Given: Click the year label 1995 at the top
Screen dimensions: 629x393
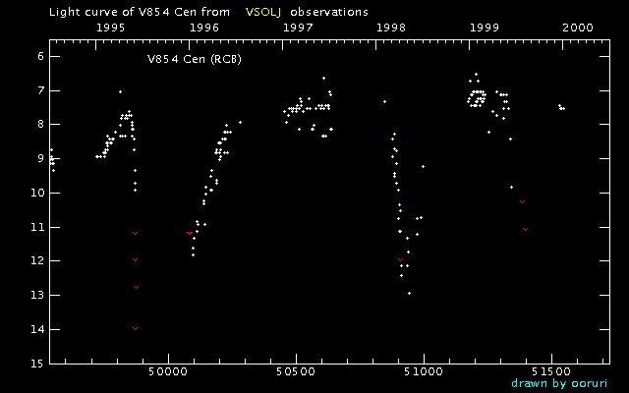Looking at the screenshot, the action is pyautogui.click(x=111, y=28).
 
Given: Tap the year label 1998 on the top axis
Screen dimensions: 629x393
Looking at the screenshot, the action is pyautogui.click(x=391, y=28).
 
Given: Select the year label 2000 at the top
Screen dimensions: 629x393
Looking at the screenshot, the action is pyautogui.click(x=578, y=28).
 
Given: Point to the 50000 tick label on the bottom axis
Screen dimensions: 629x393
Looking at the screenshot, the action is pyautogui.click(x=168, y=371).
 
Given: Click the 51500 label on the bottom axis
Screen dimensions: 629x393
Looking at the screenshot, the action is pyautogui.click(x=551, y=371).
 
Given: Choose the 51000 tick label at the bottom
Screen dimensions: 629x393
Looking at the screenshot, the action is pyautogui.click(x=424, y=371).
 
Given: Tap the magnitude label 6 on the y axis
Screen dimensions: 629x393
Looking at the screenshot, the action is pyautogui.click(x=40, y=57).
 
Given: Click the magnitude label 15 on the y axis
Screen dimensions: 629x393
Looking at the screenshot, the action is pyautogui.click(x=38, y=364).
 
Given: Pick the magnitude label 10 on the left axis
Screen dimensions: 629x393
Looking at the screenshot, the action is pyautogui.click(x=38, y=193).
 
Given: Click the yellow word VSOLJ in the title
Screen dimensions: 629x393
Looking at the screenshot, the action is pyautogui.click(x=263, y=12).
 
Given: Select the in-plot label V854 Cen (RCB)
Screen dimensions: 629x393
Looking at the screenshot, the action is pyautogui.click(x=195, y=59).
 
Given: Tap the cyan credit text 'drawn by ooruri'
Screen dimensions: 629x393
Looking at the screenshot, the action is pyautogui.click(x=559, y=383).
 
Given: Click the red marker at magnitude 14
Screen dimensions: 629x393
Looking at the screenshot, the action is pyautogui.click(x=136, y=329).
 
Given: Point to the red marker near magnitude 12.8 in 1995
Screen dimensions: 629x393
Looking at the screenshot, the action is pyautogui.click(x=136, y=288).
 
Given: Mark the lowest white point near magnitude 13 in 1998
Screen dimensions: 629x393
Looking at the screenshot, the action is pyautogui.click(x=409, y=293).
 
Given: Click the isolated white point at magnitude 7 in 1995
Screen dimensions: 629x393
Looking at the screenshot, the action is pyautogui.click(x=120, y=91).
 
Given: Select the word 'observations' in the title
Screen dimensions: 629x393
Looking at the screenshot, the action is pyautogui.click(x=329, y=12).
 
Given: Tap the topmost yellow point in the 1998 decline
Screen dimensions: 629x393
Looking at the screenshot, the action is pyautogui.click(x=394, y=134).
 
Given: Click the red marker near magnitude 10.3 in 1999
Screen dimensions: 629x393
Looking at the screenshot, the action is pyautogui.click(x=522, y=202).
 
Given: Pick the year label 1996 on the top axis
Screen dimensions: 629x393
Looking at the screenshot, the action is pyautogui.click(x=204, y=28).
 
